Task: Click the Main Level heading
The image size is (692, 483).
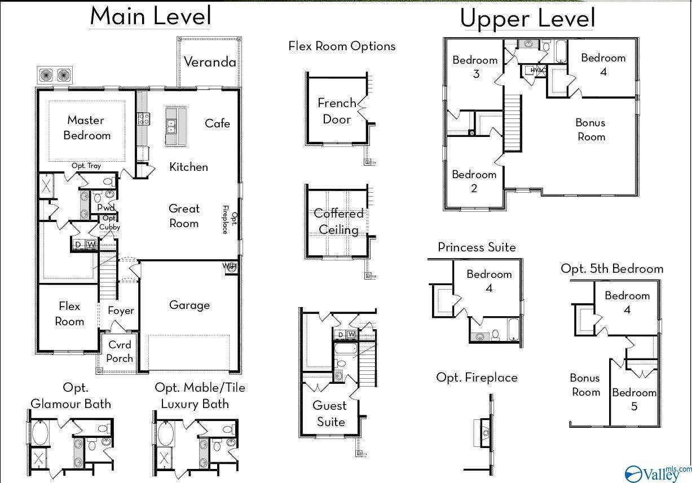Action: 151,16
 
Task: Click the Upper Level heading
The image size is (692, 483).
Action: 527,18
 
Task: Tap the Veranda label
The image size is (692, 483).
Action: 210,62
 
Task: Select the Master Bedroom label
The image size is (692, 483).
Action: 86,128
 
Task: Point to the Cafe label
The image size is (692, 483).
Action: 218,123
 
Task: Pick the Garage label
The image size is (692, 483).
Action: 189,305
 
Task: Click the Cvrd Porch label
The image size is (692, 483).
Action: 120,352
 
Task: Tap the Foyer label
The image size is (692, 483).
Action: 121,311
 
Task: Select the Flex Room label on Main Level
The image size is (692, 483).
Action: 69,314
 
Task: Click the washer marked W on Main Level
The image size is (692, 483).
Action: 91,245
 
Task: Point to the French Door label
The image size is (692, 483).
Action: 337,111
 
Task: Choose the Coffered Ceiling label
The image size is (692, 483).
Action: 338,221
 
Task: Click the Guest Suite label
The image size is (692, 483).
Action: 330,414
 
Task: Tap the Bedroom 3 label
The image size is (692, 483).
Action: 475,67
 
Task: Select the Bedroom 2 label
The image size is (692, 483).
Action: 474,181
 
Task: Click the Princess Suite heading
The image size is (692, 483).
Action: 477,247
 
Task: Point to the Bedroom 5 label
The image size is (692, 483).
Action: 634,400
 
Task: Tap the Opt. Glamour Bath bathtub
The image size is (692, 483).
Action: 40,433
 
